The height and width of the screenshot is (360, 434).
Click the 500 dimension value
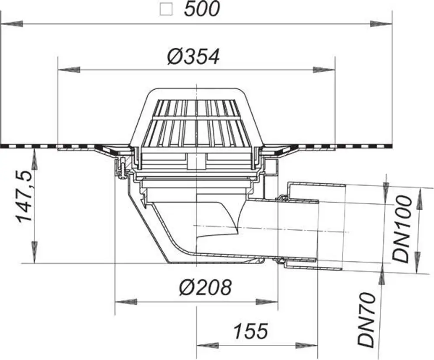click(x=202, y=9)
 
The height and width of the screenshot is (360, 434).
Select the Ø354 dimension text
click(x=193, y=57)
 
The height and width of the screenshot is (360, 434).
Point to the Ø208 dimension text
click(x=205, y=288)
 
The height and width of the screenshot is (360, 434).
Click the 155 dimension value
click(x=251, y=331)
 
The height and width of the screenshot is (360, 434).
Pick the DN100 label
click(x=401, y=229)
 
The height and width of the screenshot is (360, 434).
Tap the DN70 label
click(x=367, y=320)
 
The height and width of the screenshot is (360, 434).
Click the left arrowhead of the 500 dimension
click(x=12, y=25)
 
